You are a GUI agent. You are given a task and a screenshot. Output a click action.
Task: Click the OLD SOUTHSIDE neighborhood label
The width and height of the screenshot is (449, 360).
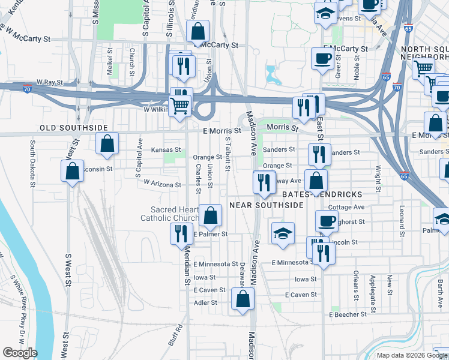(x=73, y=128)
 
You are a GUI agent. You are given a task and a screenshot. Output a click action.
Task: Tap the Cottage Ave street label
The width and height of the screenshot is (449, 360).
(x=346, y=208)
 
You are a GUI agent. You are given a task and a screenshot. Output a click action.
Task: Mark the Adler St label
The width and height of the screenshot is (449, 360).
(x=205, y=303)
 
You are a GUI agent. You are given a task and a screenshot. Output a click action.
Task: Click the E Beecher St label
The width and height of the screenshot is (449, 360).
(x=348, y=314)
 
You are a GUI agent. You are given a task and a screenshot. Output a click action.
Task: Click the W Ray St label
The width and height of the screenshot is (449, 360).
(x=49, y=82)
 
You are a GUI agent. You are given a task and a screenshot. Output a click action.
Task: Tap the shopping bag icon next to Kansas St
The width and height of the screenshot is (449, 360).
(x=107, y=143)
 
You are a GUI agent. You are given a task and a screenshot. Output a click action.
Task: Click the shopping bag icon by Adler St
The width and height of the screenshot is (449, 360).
(x=243, y=299)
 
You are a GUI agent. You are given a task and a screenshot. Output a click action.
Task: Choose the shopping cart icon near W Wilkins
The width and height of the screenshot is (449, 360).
(x=180, y=106)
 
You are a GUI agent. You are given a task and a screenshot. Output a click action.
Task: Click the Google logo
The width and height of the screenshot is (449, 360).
(x=20, y=353)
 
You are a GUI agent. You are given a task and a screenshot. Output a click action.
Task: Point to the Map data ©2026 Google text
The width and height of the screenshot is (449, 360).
(x=411, y=355)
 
